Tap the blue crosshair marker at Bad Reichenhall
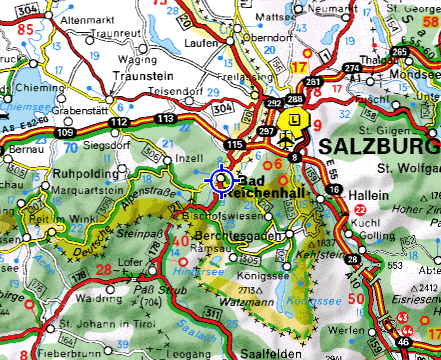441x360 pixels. [221, 180]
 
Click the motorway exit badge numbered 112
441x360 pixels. [119, 122]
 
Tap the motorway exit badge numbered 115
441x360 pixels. [234, 147]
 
